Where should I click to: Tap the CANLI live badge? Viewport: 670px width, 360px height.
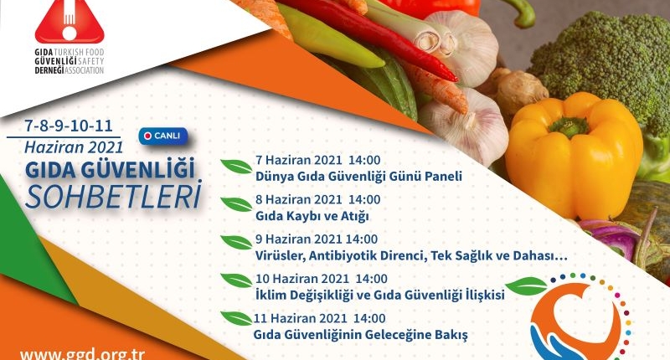point(163,136)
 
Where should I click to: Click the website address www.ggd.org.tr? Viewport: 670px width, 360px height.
point(82,354)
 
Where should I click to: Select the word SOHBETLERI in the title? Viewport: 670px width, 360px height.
point(113,197)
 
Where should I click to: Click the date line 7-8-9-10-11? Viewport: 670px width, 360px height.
point(69,126)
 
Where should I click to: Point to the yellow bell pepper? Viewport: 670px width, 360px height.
point(574,156)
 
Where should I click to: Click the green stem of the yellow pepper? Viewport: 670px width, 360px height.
point(569,126)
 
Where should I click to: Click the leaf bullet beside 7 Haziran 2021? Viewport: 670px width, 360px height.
point(236,167)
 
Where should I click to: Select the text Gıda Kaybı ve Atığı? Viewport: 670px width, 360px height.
point(312,216)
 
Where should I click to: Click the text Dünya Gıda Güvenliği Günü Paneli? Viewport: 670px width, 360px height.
point(358,177)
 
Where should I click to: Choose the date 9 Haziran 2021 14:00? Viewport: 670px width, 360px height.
point(317,239)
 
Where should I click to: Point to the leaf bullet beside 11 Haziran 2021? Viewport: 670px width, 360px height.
point(236,318)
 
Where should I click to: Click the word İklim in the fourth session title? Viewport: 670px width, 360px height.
point(271,295)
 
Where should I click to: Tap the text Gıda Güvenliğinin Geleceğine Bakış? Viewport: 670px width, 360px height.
point(361,335)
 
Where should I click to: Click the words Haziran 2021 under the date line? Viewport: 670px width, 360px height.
point(74,147)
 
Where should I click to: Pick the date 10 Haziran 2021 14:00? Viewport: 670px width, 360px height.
point(322,279)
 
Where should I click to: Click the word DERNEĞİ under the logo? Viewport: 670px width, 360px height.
point(49,70)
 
